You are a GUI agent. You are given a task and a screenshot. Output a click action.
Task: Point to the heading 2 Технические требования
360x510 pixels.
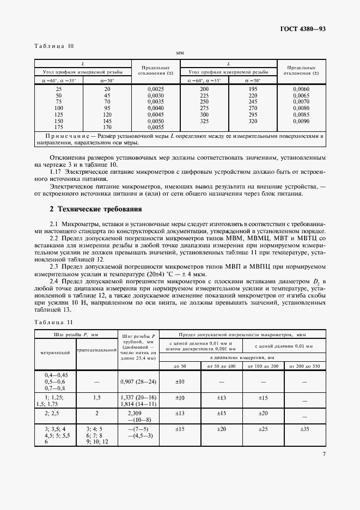[x=95, y=209]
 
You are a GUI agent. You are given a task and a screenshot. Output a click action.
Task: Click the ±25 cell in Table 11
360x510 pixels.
[x=263, y=429]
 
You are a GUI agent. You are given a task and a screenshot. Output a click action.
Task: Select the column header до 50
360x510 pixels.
[x=180, y=366]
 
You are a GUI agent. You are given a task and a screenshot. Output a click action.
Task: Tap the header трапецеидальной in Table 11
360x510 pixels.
[x=97, y=349]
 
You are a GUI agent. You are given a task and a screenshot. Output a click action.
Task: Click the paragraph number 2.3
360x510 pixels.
[x=54, y=266]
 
